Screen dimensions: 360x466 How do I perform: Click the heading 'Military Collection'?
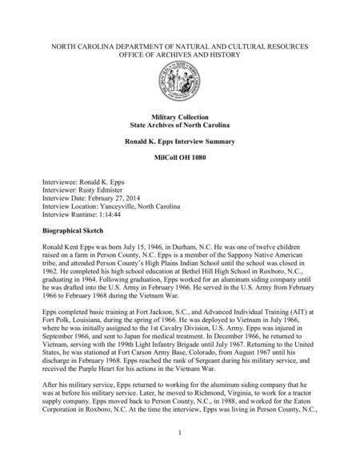pyautogui.click(x=179, y=117)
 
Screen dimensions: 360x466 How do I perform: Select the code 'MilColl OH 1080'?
pyautogui.click(x=179, y=158)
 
